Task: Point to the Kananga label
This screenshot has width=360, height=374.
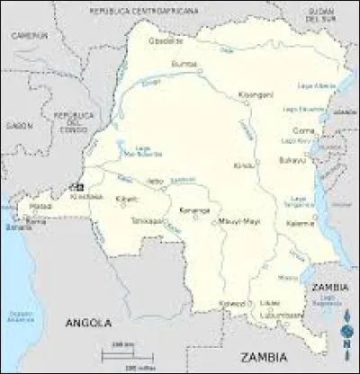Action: tap(193, 210)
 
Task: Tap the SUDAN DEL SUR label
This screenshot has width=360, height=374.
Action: tap(319, 13)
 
